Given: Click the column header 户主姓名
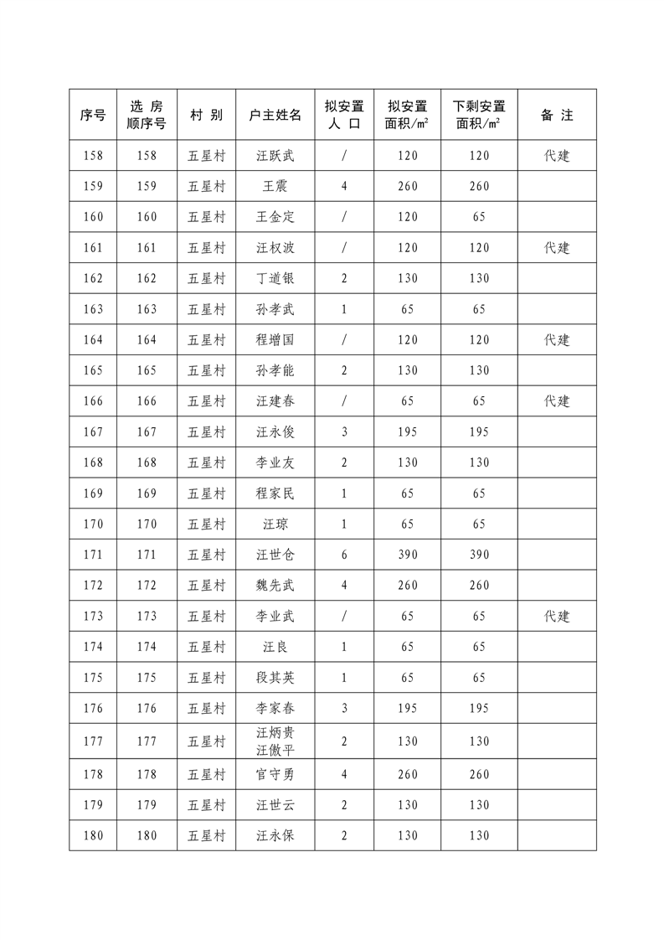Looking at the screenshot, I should coord(275,115).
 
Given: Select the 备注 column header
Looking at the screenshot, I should coord(557,115).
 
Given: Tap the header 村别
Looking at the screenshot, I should coord(206,115).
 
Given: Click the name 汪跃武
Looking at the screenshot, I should coord(275,156).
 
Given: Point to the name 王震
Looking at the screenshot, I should coord(275,186).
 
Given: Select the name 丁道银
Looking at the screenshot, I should coord(275,278).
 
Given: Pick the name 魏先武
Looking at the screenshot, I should coord(275,586).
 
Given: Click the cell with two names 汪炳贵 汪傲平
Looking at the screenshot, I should coord(275,741).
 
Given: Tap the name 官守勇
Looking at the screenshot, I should coord(275,774).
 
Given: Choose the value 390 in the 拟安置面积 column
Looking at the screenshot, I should coord(408,555).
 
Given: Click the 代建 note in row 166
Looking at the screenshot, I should coord(557,401).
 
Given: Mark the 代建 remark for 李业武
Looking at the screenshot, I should coord(557,617).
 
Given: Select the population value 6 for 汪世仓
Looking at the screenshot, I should coord(344,555).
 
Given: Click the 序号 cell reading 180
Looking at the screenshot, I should coord(94,835).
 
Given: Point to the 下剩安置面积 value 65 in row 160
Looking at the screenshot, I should coord(479,217).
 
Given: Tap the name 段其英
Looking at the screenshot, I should coord(275,678).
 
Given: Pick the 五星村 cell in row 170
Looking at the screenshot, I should coord(206,524).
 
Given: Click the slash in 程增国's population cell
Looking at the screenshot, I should coord(344,340).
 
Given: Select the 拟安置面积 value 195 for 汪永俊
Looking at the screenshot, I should coord(408,432).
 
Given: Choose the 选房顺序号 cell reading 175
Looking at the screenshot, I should coord(147,678).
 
